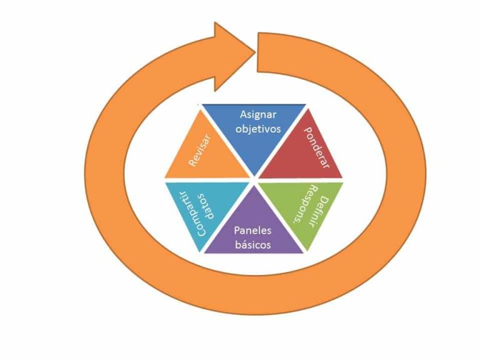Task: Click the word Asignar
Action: (x=257, y=114)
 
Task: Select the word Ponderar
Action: (x=316, y=147)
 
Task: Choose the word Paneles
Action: (x=253, y=231)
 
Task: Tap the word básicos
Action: (x=253, y=245)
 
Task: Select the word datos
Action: (x=204, y=207)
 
